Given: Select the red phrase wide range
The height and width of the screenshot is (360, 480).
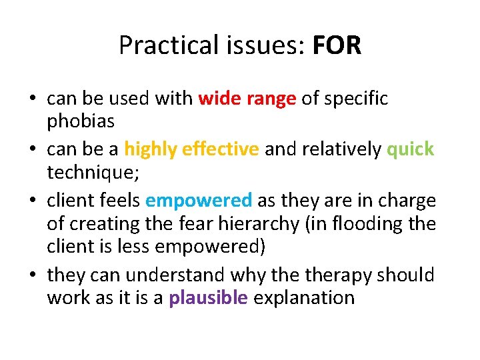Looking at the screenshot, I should [x=247, y=99].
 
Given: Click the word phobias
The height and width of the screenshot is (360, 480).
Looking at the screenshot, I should [x=81, y=123].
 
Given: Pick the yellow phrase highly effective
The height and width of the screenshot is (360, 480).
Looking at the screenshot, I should [x=191, y=149].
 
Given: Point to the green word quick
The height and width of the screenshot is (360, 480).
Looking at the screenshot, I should [x=410, y=149].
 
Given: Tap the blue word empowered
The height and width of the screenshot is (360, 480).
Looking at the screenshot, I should [x=199, y=199].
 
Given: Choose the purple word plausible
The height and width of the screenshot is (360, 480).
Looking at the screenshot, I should [x=208, y=297].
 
